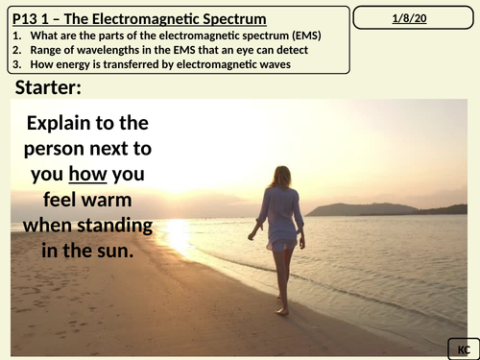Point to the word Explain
pyautogui.click(x=66, y=123)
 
